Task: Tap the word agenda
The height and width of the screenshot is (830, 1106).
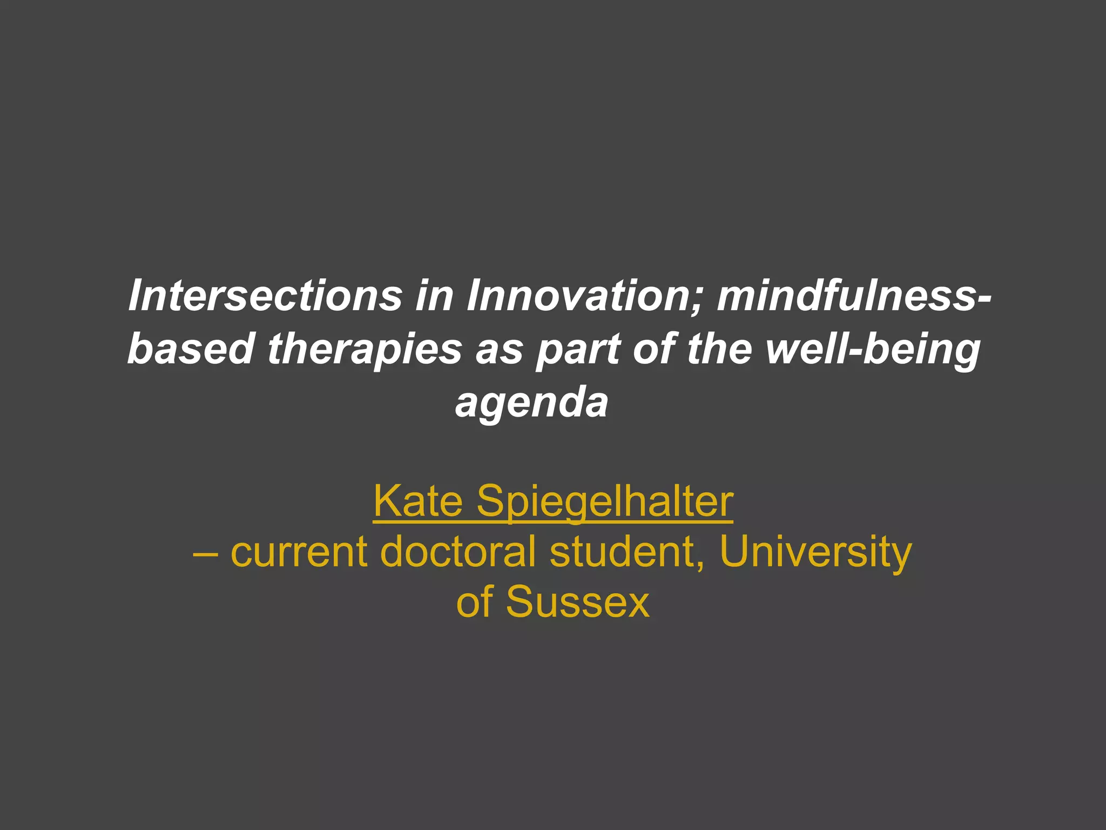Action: click(531, 403)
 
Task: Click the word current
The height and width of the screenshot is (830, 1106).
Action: click(299, 552)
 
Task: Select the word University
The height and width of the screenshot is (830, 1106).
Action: click(815, 553)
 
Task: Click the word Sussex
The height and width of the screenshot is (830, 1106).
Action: click(577, 602)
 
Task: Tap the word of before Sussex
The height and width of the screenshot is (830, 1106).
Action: click(475, 602)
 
